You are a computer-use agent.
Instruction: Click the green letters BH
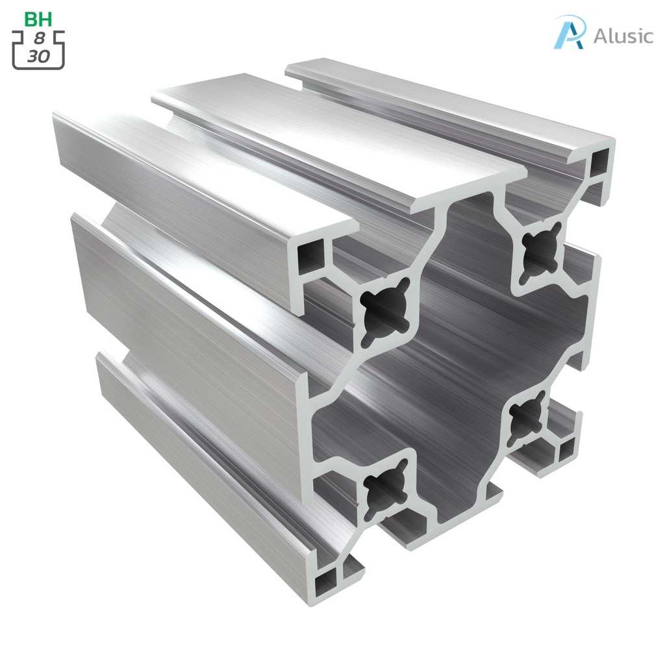[38, 19]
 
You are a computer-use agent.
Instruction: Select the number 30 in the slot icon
[38, 56]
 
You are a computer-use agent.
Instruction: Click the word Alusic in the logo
[623, 36]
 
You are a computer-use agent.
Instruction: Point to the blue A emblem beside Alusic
[570, 32]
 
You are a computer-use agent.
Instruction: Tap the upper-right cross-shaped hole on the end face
[540, 247]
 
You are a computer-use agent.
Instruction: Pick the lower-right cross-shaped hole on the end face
[527, 416]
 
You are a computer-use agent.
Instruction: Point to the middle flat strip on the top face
[338, 143]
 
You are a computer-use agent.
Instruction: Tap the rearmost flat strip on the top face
[448, 97]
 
